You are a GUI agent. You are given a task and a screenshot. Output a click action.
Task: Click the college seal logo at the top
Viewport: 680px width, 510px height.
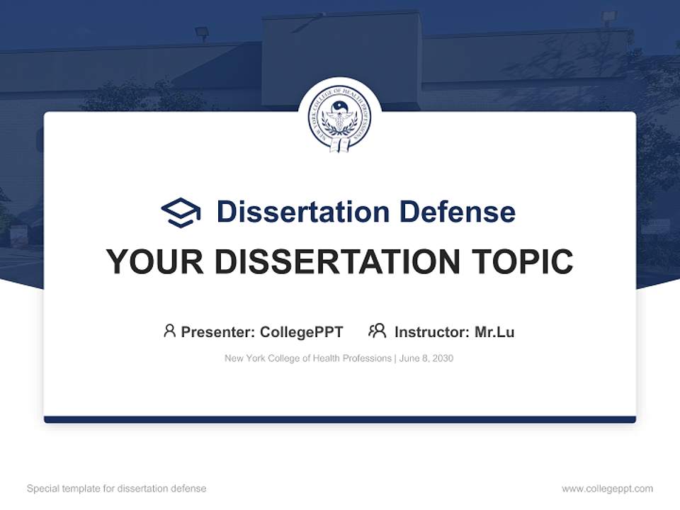(x=340, y=118)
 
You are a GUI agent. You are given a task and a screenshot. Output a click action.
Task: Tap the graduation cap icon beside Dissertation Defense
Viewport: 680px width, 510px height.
(x=181, y=212)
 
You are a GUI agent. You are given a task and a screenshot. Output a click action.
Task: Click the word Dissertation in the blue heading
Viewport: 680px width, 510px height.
(x=302, y=212)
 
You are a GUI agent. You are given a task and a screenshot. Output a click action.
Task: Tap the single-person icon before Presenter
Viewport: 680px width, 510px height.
(x=169, y=331)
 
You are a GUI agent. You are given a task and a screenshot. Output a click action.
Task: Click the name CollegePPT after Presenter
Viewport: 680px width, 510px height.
(x=302, y=331)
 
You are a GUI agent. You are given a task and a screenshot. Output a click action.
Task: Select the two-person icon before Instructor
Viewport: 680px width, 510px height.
(x=377, y=331)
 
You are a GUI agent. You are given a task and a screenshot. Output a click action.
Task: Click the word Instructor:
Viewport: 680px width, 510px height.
(x=431, y=331)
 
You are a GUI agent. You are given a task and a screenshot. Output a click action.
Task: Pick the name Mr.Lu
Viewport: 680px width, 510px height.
(x=494, y=331)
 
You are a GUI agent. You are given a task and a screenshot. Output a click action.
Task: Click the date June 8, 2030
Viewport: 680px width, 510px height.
(x=426, y=358)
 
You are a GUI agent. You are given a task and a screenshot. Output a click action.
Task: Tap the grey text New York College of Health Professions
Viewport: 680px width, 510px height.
(x=307, y=358)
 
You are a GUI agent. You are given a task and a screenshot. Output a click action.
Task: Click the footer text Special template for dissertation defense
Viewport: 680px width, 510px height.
(x=116, y=489)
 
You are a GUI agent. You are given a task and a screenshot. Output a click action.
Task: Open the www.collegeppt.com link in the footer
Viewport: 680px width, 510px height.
(x=607, y=489)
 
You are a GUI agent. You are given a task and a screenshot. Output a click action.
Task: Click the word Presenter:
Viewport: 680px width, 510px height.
(x=218, y=331)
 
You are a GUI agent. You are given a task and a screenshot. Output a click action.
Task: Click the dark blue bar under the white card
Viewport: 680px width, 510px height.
(x=340, y=419)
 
